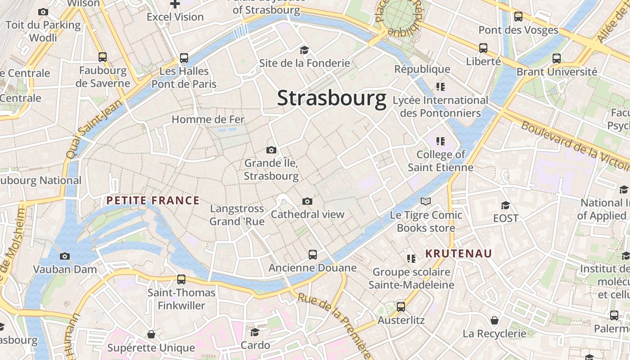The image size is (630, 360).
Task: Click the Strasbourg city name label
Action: point(332,98)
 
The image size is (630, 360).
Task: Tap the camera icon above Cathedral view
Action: point(307,201)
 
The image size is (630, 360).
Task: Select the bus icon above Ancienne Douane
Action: point(313,255)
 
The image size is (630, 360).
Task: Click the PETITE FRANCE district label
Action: point(153,201)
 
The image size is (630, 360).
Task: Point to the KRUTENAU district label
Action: point(459,253)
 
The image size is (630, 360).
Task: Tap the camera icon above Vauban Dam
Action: point(65,256)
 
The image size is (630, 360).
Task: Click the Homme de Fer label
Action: point(208,119)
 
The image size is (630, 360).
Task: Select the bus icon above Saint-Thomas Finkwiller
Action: point(181,279)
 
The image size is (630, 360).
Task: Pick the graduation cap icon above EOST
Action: point(505,205)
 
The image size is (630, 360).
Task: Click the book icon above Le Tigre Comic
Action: point(426,202)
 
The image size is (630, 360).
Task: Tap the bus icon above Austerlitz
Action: point(401,307)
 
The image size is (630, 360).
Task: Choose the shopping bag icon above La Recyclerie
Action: point(495,320)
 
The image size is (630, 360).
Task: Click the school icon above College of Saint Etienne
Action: point(440,141)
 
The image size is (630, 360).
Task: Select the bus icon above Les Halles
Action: point(184,58)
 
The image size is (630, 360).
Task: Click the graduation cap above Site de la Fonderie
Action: point(305,50)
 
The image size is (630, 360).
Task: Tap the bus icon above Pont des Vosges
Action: point(518,17)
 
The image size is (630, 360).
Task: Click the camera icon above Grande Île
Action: point(271,150)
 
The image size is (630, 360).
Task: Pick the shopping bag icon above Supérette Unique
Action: point(151,334)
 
